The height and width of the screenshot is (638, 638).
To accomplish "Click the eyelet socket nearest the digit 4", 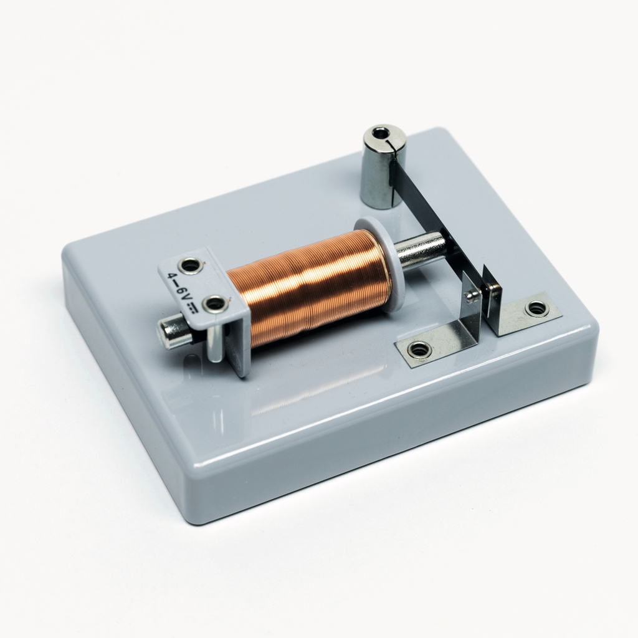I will [190, 265].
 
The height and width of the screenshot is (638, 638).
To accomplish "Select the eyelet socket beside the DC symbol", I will [215, 304].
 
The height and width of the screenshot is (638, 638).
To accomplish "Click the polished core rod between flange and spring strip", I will [421, 249].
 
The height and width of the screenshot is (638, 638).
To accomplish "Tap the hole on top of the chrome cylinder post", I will [379, 133].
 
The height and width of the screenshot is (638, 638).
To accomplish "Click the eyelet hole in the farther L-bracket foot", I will [536, 308].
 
